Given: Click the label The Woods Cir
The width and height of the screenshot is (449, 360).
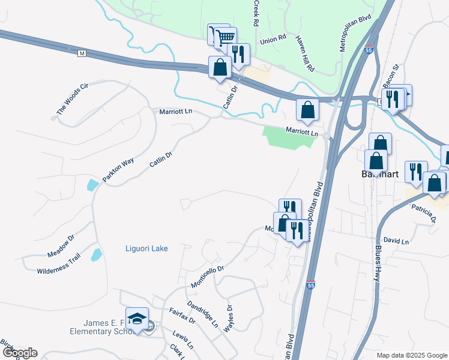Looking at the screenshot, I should click(x=72, y=99).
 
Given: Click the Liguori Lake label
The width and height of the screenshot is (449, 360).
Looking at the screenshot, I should click(x=146, y=248).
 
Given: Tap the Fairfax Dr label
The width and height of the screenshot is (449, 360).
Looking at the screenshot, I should click(x=182, y=316).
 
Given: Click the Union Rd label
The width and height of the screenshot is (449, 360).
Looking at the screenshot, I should click(x=273, y=41).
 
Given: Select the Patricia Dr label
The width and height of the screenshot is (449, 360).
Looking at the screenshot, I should click(x=423, y=212).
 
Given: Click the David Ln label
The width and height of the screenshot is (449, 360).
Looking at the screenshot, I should click(x=396, y=241).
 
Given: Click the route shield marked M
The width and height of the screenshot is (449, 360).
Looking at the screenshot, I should click(x=82, y=54).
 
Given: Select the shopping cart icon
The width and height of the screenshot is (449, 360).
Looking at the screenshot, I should click(x=225, y=38).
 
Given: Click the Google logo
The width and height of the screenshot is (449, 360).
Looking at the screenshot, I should click(x=20, y=353).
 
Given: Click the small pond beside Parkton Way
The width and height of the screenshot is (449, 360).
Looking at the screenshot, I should click(x=91, y=185).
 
